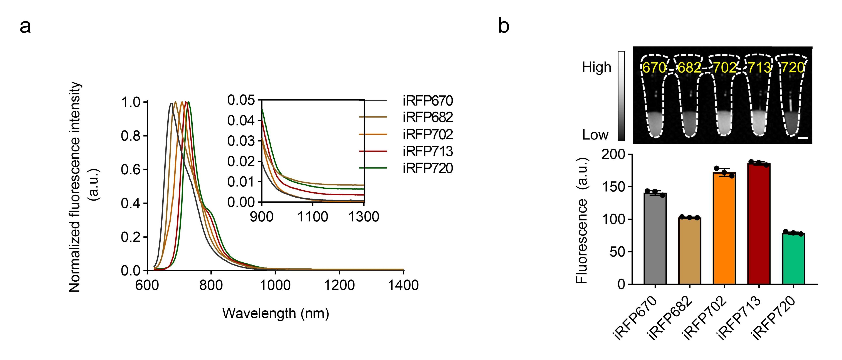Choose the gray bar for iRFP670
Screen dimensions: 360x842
tap(655, 238)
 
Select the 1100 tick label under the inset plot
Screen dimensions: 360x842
tap(313, 217)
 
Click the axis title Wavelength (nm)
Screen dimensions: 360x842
tap(275, 313)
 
